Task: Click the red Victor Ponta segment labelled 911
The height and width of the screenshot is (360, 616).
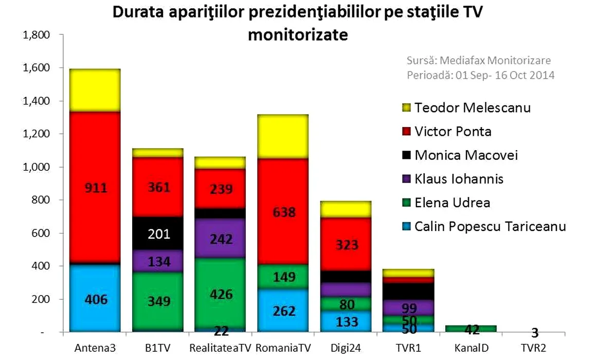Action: click(x=96, y=188)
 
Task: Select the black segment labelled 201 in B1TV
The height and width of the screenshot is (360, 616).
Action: click(x=158, y=234)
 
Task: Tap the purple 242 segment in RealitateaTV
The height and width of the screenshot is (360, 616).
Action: click(x=221, y=239)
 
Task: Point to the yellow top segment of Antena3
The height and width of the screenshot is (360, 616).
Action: click(x=96, y=89)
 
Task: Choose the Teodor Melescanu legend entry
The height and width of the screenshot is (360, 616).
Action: click(x=473, y=108)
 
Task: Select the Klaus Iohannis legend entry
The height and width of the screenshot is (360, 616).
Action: click(x=459, y=178)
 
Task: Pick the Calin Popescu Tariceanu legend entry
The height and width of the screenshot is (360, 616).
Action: click(x=490, y=226)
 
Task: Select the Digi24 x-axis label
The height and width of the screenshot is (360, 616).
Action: click(x=346, y=348)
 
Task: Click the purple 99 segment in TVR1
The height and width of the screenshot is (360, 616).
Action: click(x=408, y=308)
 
